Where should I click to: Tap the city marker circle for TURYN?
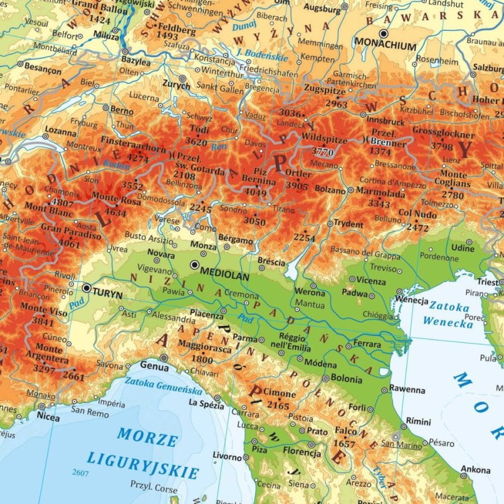point(86,288)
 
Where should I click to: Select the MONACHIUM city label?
point(386,47)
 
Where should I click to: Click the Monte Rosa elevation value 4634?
point(115,213)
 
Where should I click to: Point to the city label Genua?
point(154,366)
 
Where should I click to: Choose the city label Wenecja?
point(411,300)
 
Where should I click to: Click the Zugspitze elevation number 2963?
point(336,104)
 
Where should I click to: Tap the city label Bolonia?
point(345,380)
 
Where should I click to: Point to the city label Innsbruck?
point(386,122)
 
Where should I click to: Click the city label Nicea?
point(48,417)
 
